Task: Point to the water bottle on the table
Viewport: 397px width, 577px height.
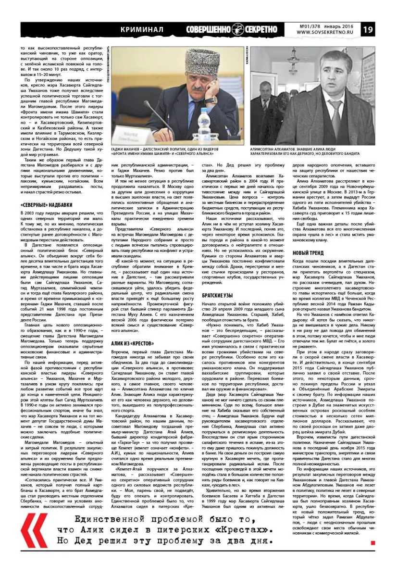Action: pyautogui.click(x=203, y=126)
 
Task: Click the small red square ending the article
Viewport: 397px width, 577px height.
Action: pyautogui.click(x=373, y=542)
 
